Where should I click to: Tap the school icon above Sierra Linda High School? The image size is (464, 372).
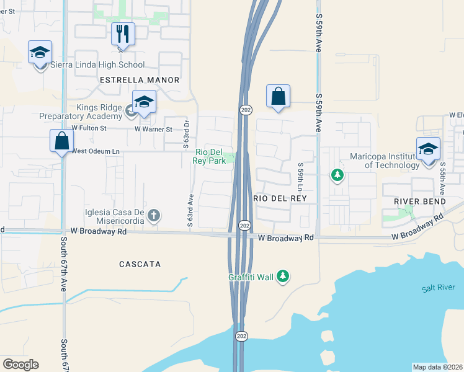[x=40, y=53]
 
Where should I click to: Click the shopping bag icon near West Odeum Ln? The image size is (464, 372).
[x=62, y=141]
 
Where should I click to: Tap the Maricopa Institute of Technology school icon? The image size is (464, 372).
[x=428, y=149]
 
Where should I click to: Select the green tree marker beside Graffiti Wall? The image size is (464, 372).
[x=283, y=276]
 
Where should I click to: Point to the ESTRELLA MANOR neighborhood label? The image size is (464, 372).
[x=140, y=80]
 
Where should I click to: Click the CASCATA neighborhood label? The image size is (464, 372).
[x=140, y=264]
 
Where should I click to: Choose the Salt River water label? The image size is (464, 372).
[x=434, y=288]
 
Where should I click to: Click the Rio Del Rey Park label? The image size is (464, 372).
[x=210, y=156]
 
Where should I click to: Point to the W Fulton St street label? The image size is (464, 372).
[x=89, y=129]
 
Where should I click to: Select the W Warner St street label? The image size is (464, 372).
[x=153, y=129]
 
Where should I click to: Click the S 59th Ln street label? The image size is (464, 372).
[x=300, y=177]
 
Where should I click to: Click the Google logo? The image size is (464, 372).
[x=20, y=365]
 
